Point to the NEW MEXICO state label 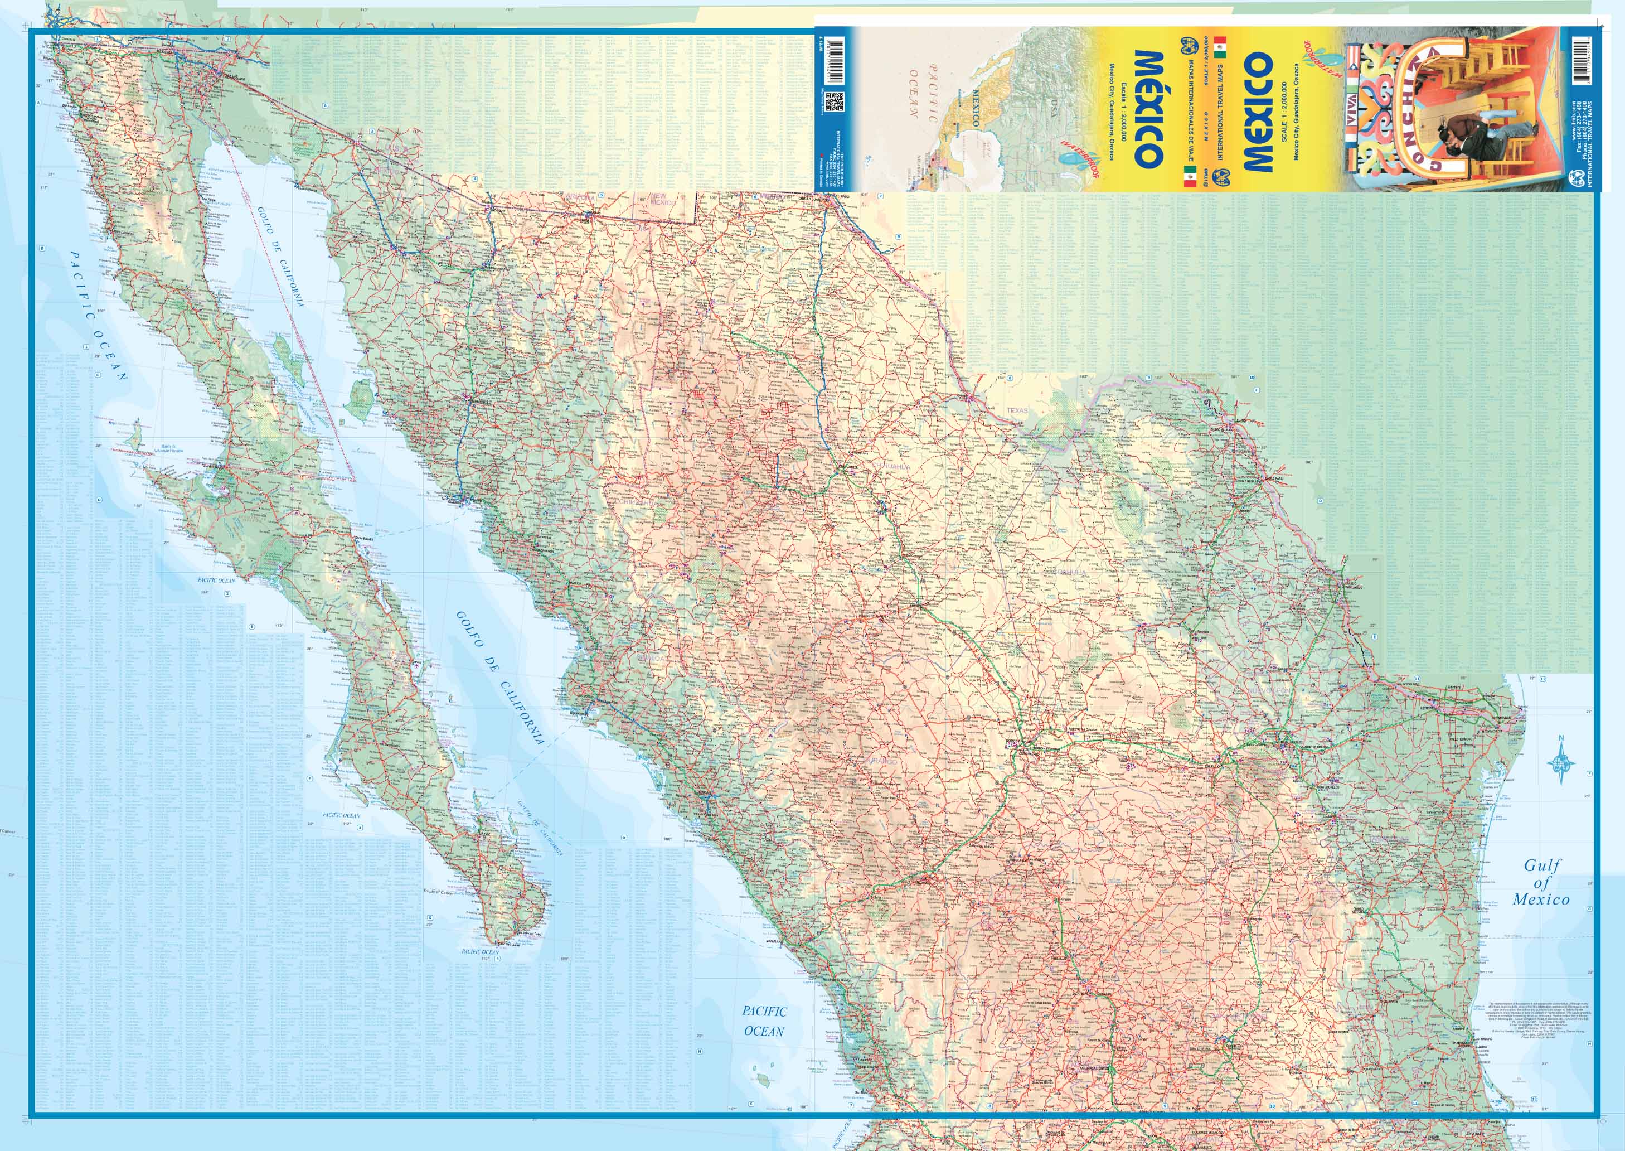point(664,199)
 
